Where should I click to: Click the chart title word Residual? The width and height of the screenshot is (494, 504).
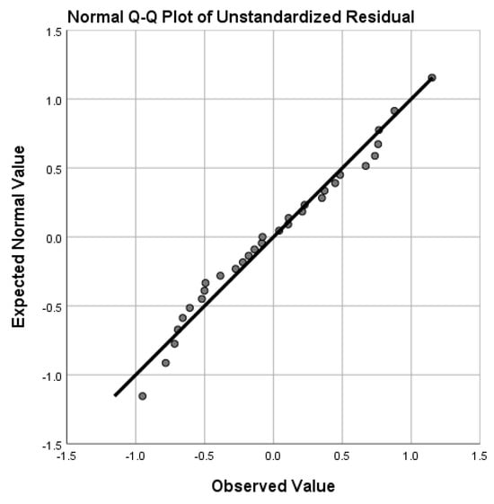[x=380, y=17]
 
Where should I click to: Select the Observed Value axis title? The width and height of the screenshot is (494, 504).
[x=273, y=486]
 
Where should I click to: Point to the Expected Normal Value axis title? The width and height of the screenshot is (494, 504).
[x=18, y=237]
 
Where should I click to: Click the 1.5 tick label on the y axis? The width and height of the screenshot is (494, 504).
[x=53, y=32]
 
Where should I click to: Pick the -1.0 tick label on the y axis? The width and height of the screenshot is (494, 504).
[x=51, y=376]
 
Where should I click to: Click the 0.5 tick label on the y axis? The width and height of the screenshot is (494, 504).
[x=53, y=170]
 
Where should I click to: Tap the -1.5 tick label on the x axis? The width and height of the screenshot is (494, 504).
[x=66, y=455]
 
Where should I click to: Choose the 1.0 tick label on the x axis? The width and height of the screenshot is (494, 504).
[x=410, y=455]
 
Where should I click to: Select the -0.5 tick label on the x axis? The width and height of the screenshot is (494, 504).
[x=204, y=455]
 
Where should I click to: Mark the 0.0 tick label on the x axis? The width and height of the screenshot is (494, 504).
[x=273, y=455]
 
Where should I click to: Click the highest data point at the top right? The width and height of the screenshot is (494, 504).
[x=432, y=77]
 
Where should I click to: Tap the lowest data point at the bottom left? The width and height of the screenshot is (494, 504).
[x=143, y=396]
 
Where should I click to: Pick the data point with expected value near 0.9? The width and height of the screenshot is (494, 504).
[x=394, y=111]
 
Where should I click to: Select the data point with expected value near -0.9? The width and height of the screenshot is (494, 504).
[x=165, y=363]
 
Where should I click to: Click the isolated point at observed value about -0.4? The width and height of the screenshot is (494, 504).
[x=220, y=276]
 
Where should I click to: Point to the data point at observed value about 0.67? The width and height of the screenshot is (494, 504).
[x=366, y=166]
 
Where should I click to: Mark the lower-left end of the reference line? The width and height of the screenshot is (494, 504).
[x=115, y=395]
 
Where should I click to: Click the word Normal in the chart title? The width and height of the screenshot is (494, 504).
[x=94, y=17]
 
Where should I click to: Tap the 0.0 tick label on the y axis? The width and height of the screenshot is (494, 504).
[x=53, y=239]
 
